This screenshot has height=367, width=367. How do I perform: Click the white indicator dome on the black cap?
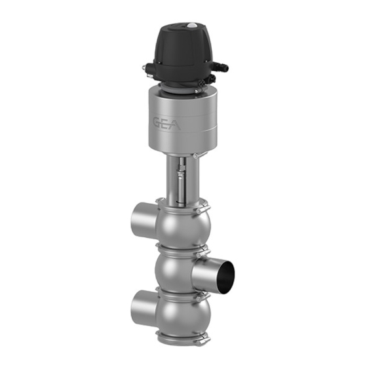point(193,25)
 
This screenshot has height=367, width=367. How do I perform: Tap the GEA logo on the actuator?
point(166,124)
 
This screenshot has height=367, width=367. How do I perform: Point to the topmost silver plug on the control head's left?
point(145,68)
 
